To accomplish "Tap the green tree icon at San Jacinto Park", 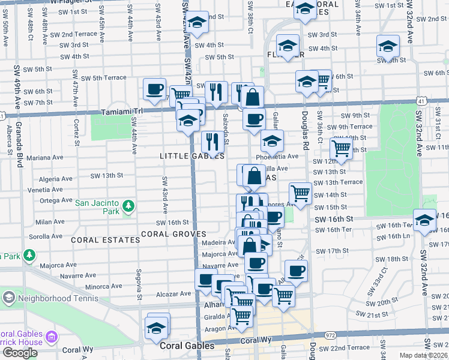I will [x=128, y=206].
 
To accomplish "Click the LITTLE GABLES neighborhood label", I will [x=191, y=156].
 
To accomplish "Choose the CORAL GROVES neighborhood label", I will [x=173, y=233].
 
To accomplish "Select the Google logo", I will [x=20, y=353].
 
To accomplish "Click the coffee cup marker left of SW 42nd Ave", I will [x=154, y=89].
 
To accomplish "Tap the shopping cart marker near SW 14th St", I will [x=300, y=193].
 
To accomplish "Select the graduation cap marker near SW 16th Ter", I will [x=424, y=221].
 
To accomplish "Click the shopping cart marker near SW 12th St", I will [x=341, y=148].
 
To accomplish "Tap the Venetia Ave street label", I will [x=45, y=190].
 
